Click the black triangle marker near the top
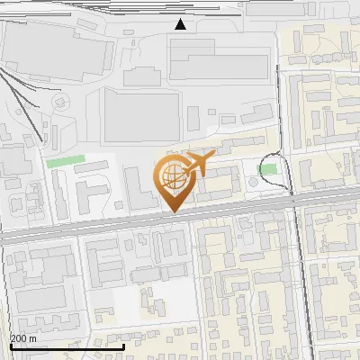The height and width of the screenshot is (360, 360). tap(181, 24)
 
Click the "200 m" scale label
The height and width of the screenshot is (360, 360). tap(23, 337)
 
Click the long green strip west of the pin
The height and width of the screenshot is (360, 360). tap(64, 163)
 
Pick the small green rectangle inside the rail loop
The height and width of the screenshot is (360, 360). tap(267, 168)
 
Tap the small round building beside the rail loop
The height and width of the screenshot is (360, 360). tap(253, 184)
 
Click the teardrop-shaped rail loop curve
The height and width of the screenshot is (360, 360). tap(286, 171)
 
